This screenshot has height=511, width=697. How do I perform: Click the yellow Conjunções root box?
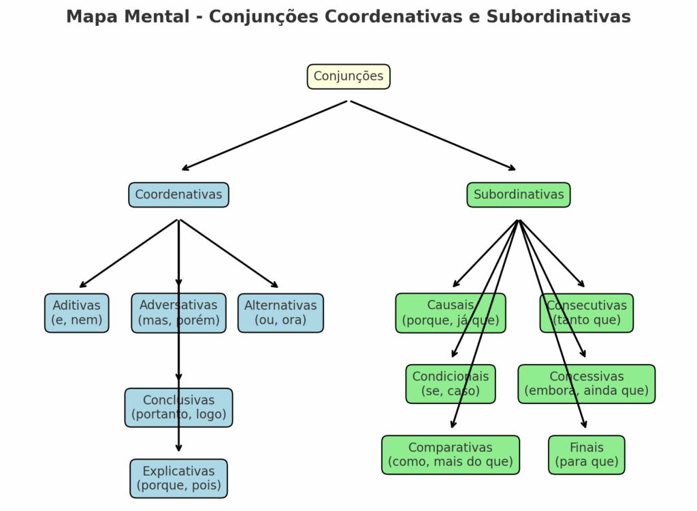click(x=348, y=77)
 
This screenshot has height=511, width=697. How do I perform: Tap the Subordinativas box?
click(x=519, y=195)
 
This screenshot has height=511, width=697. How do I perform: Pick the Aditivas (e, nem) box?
click(x=76, y=313)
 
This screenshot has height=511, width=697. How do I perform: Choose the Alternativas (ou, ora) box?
click(x=280, y=313)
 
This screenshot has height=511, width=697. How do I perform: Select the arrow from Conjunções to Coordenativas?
click(x=265, y=135)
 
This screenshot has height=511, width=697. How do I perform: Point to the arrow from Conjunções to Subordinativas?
click(x=433, y=135)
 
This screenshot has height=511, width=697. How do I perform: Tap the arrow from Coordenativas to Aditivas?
click(x=129, y=253)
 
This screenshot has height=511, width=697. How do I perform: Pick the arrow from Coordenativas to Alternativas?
click(x=229, y=253)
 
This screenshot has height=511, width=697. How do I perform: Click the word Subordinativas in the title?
click(x=558, y=16)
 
